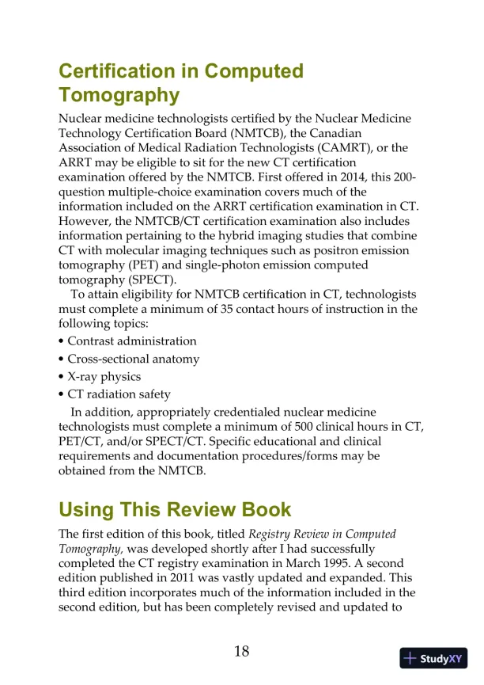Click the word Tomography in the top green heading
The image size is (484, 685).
(119, 96)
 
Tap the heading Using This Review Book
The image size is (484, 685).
(175, 509)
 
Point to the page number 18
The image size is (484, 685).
(241, 651)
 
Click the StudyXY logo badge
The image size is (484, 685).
(433, 658)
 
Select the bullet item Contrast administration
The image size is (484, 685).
(131, 341)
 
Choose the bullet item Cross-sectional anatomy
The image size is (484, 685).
(133, 359)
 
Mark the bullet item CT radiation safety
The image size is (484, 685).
(119, 394)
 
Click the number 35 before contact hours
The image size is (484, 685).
(222, 309)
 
